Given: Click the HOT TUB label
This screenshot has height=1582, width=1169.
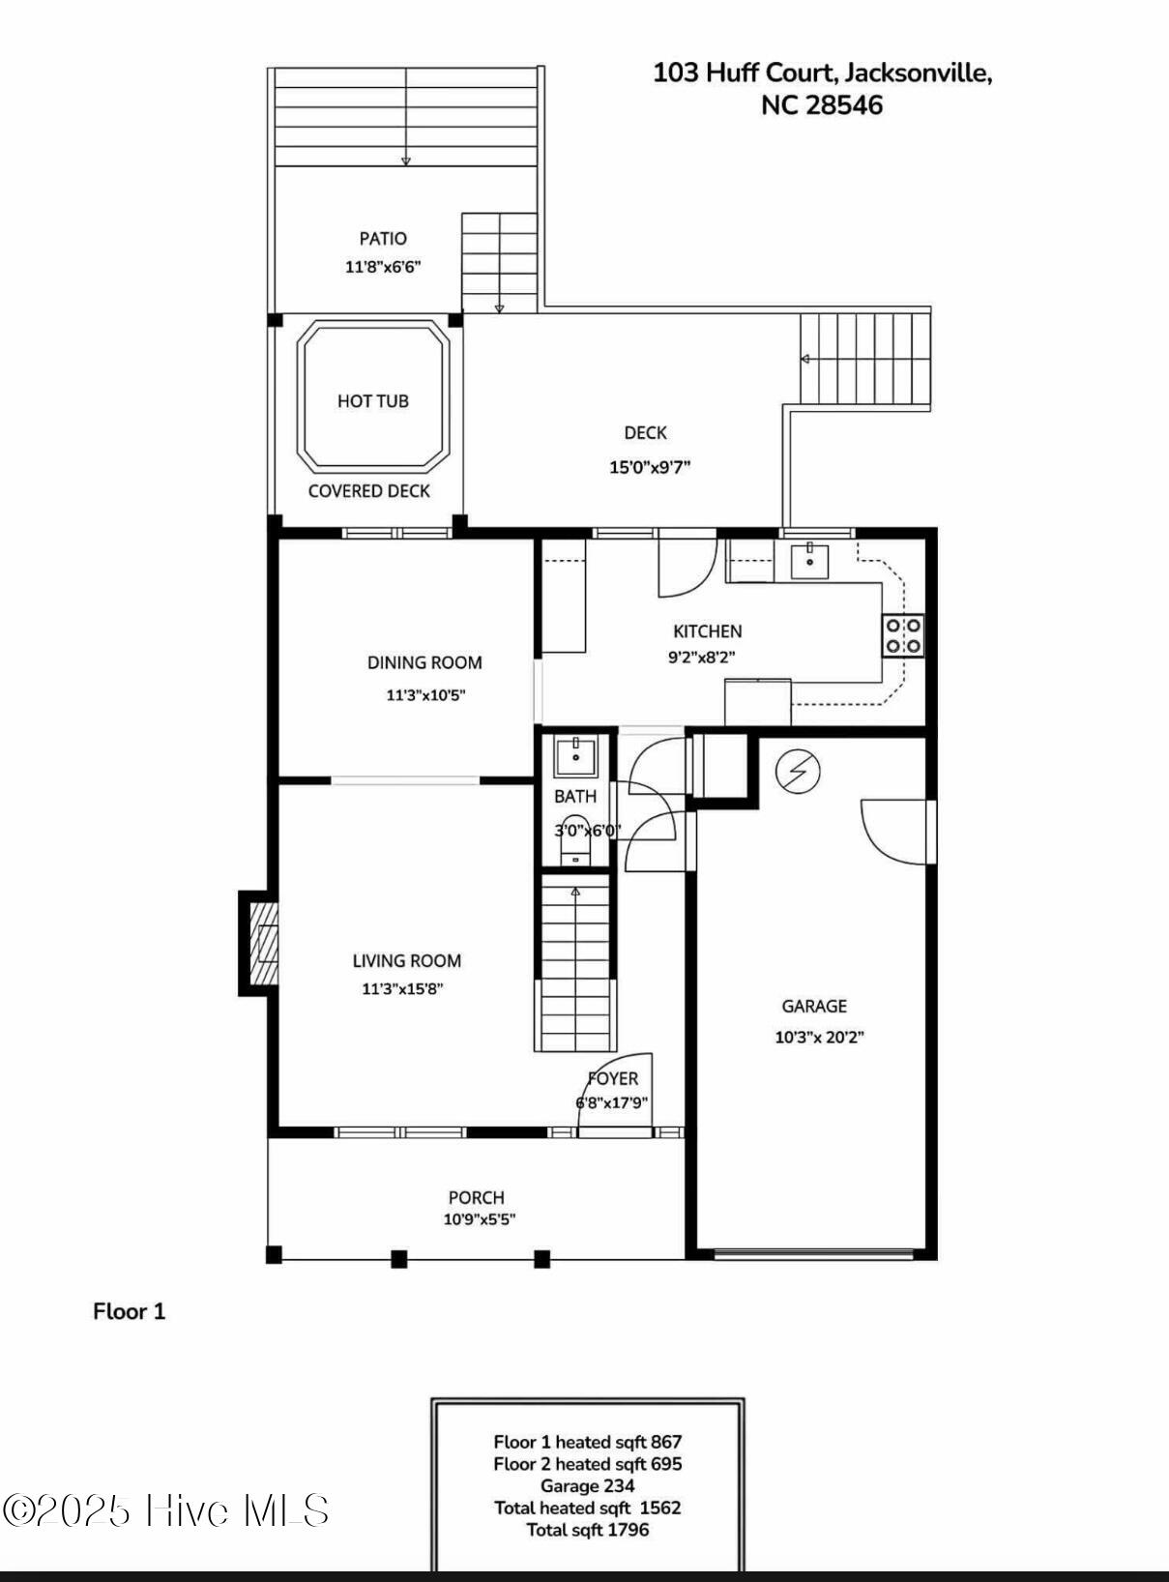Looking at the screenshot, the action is (x=373, y=401).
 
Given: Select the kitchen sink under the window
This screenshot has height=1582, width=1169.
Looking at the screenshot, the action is (x=809, y=561).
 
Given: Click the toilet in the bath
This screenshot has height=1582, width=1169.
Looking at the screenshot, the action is (x=575, y=839).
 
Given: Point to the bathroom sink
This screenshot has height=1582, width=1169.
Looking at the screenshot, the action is (x=575, y=757).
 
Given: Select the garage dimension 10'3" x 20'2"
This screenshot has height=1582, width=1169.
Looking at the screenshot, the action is (x=820, y=1037).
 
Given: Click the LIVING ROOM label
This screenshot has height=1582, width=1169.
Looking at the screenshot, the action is (x=406, y=961).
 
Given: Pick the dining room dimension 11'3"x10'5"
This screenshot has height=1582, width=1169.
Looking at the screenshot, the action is (x=425, y=694).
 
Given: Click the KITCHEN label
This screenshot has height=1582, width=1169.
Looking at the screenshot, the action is (x=708, y=631).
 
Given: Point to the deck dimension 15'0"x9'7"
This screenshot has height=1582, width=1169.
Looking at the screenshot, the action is (x=650, y=467).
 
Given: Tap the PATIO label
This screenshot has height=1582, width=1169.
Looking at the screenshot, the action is (x=383, y=238).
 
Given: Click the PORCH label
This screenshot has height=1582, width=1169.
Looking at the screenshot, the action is (x=477, y=1197).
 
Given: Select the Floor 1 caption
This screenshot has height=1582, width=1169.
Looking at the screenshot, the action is (x=130, y=1311).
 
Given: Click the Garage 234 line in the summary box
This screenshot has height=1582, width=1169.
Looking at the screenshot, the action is (x=588, y=1486).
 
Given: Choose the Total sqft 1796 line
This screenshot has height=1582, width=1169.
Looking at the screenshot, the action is (x=588, y=1530).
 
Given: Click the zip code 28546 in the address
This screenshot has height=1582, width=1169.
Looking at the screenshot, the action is (x=844, y=105).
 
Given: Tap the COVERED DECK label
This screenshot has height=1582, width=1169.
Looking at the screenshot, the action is (x=368, y=491).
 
